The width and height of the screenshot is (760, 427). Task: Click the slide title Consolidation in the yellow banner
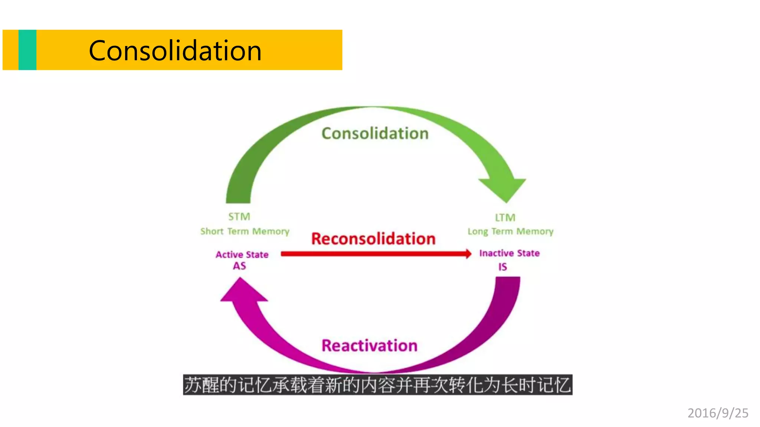point(175,50)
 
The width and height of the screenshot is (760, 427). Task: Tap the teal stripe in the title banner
point(27,50)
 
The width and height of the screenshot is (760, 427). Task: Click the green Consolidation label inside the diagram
point(375,133)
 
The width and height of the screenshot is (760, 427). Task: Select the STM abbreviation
point(239,216)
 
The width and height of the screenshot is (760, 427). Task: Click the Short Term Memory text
point(245,231)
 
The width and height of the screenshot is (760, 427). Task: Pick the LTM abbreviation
point(505,217)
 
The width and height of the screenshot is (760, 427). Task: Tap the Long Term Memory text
point(510,231)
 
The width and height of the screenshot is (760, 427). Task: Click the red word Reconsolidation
point(373,238)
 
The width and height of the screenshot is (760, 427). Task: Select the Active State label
point(242,254)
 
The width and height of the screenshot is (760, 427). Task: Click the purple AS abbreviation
point(239,266)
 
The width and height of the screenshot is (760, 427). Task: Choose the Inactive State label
point(509,253)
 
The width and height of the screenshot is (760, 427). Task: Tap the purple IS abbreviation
point(502,267)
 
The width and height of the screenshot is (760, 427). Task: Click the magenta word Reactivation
point(369,345)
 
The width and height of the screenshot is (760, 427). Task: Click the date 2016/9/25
point(718,413)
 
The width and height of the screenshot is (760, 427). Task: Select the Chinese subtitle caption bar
point(377,385)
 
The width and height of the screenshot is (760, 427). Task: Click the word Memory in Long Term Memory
point(535,231)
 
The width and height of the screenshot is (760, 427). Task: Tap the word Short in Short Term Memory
point(212,231)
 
